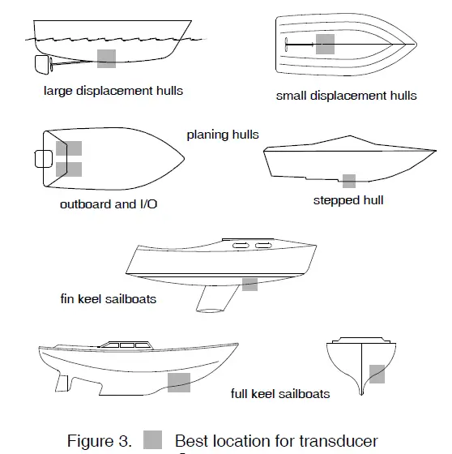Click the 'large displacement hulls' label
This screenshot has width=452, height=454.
click(113, 91)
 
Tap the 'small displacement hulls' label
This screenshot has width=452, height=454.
click(346, 96)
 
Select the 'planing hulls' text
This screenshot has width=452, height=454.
click(223, 135)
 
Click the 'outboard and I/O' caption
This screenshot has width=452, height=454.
click(109, 204)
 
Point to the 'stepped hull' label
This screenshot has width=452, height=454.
click(348, 199)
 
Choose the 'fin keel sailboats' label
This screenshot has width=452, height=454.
click(109, 298)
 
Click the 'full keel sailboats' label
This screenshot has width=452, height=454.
click(280, 394)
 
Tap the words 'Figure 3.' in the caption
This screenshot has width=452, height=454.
click(99, 442)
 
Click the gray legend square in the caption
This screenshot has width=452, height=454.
click(153, 441)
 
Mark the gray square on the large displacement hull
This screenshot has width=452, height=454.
click(106, 57)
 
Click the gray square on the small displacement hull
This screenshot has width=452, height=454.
click(325, 44)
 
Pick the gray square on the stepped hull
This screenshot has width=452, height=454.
click(349, 181)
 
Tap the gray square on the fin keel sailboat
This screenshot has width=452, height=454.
click(249, 284)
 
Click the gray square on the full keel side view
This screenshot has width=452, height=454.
click(178, 383)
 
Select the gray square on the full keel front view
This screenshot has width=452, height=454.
click(377, 374)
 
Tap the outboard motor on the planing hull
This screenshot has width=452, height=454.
click(41, 158)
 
